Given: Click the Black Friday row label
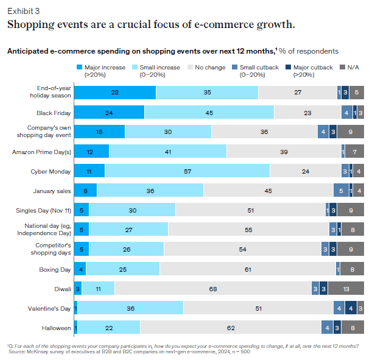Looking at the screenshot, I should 54,113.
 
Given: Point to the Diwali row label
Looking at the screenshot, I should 61,289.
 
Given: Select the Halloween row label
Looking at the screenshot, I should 56,328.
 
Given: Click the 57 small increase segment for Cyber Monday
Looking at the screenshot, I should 187,171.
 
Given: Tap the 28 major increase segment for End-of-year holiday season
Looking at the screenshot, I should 114,93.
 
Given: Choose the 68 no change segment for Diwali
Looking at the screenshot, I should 212,289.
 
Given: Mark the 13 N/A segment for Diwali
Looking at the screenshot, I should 346,289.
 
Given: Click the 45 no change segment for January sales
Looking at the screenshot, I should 268,191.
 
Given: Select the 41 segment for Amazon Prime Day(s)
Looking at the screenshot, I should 167,152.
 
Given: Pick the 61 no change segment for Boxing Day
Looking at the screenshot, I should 247,269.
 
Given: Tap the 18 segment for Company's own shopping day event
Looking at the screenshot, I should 99,132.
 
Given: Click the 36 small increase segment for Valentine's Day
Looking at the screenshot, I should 130,308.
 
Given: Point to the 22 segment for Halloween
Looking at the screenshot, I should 108,328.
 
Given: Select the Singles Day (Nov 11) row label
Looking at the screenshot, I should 43,210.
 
